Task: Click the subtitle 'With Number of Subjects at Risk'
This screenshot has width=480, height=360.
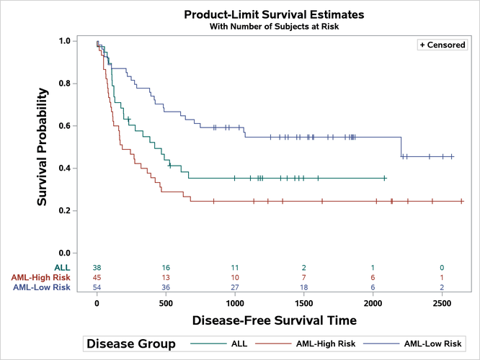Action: [x=274, y=27]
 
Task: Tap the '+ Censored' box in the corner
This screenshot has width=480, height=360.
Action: [x=443, y=45]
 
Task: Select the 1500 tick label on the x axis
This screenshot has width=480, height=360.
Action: [x=303, y=304]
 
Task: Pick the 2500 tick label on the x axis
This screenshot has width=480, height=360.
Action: [x=441, y=304]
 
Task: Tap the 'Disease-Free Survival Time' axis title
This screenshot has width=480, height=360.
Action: [x=274, y=320]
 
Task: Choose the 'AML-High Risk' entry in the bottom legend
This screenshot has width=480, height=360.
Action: [x=327, y=344]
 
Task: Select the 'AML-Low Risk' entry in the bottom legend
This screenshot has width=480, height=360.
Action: [x=432, y=344]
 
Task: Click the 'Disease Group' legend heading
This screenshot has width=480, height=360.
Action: [x=130, y=344]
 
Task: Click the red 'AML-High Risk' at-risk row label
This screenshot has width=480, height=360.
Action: [x=41, y=278]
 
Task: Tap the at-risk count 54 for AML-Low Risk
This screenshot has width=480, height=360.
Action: [x=97, y=287]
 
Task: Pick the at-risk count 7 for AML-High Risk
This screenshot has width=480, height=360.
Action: [x=303, y=278]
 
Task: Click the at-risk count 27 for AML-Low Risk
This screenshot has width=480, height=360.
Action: [x=235, y=287]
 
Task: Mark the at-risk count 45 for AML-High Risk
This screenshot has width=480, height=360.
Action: [x=97, y=278]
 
